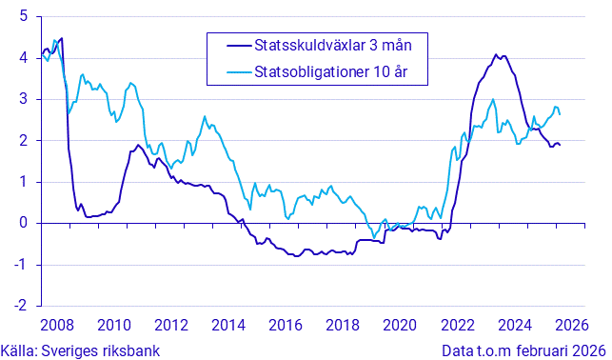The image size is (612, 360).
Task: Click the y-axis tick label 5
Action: (x=23, y=16)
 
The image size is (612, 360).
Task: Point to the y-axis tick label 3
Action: (x=23, y=99)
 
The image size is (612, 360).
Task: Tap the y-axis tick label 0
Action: (x=23, y=224)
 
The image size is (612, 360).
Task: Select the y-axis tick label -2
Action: (x=20, y=307)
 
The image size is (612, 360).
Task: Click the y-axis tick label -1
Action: (x=20, y=265)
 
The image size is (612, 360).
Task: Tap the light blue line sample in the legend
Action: (x=229, y=70)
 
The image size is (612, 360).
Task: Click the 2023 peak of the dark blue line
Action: (x=497, y=55)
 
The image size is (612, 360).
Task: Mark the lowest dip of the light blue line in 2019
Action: (x=374, y=237)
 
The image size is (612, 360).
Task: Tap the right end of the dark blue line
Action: (x=560, y=145)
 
